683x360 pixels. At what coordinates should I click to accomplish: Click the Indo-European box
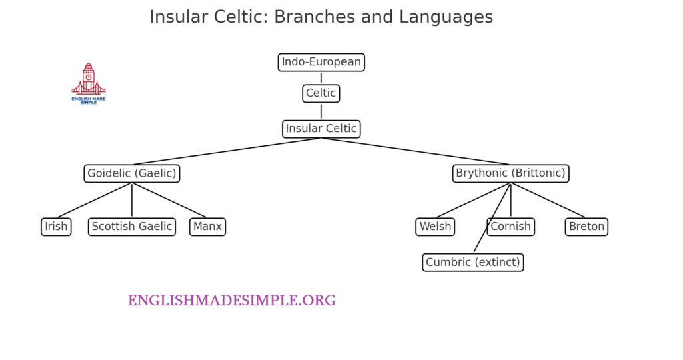[321, 62]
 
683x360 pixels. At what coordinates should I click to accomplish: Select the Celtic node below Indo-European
[321, 93]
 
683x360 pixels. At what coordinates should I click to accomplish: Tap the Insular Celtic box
[321, 129]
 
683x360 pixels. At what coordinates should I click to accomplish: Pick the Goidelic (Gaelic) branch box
[131, 173]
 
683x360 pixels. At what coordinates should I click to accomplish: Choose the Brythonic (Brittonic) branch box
[510, 173]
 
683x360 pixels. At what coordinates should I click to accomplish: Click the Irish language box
[56, 227]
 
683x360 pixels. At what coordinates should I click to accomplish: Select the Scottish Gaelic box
[131, 227]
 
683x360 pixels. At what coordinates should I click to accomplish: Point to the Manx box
[207, 227]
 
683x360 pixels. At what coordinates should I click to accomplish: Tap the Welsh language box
[435, 227]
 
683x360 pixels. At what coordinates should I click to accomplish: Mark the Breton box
[586, 227]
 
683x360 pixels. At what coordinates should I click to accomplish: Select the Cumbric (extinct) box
[472, 262]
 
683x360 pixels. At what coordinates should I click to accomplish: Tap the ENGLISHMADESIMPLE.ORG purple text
[231, 301]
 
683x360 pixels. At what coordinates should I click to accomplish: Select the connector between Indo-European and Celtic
[321, 78]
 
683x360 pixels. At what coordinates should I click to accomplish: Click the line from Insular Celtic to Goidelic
[227, 151]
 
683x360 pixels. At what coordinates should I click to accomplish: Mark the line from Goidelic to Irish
[95, 200]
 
